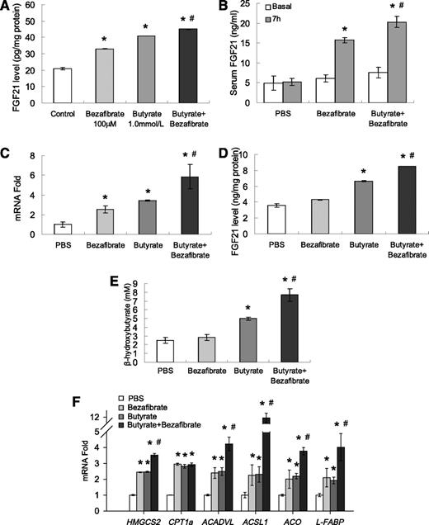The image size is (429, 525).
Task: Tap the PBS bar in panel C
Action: [63, 229]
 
